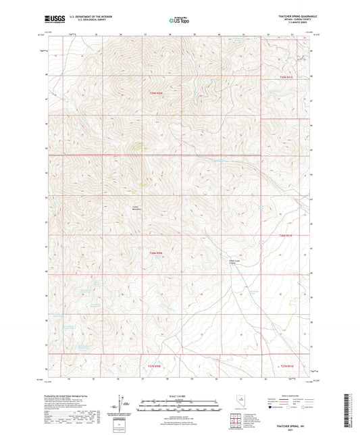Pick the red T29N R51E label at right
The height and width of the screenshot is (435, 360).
pos(288,77)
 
